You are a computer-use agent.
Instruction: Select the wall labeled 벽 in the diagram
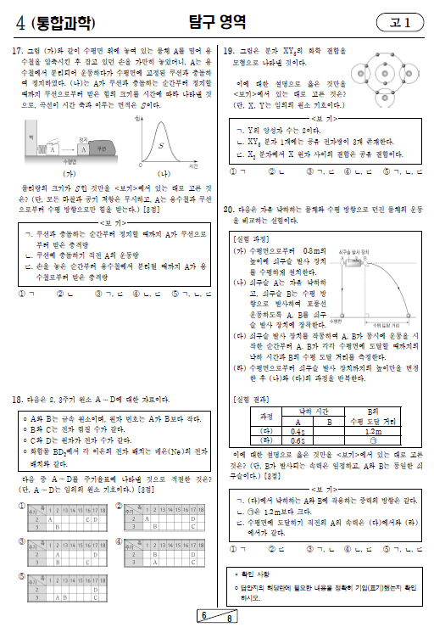tap(31, 135)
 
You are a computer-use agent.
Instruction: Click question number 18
tap(15, 399)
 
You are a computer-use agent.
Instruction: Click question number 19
tap(227, 52)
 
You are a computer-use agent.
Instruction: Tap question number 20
tap(227, 208)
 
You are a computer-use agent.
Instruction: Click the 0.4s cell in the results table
tap(297, 430)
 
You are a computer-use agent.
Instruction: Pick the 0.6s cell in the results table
tap(297, 440)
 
